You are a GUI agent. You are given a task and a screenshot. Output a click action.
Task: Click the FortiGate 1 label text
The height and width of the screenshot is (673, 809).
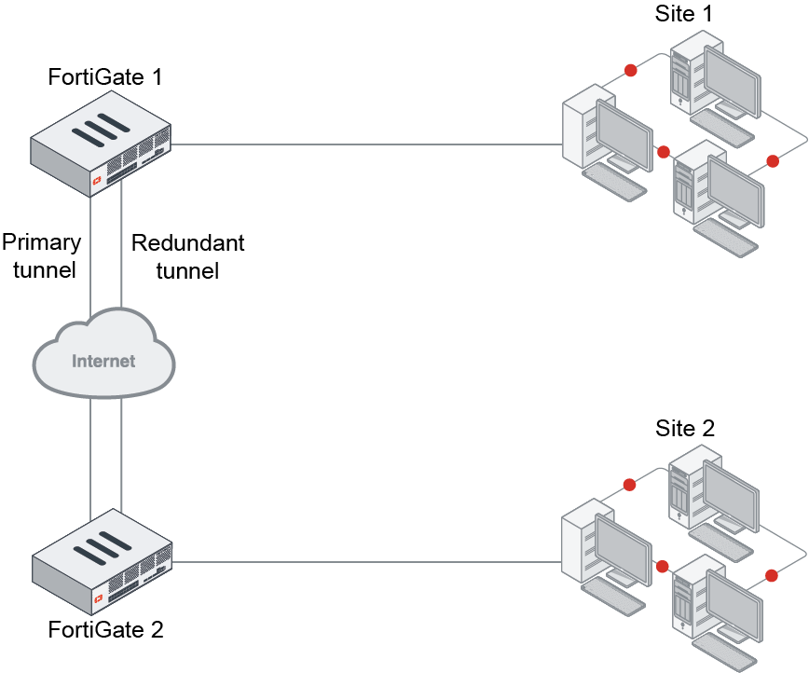[105, 76]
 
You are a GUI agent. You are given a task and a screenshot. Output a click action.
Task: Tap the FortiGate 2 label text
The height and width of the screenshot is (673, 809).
[105, 630]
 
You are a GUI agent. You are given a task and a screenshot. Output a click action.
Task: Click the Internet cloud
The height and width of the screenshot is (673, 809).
[103, 359]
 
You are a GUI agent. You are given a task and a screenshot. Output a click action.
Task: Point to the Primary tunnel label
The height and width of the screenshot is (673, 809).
[41, 256]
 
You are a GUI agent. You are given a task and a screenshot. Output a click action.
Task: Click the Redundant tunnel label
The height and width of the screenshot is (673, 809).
[187, 256]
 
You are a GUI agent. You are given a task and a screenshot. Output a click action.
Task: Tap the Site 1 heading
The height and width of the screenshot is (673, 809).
[686, 13]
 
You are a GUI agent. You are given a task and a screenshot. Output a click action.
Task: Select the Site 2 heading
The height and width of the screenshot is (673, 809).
[685, 429]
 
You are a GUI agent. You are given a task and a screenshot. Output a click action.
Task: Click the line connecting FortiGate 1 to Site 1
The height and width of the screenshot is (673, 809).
[368, 144]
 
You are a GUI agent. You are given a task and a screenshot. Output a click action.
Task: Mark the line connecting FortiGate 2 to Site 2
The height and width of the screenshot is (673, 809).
[368, 562]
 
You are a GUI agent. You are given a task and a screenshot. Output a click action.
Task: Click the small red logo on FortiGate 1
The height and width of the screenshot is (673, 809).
[95, 177]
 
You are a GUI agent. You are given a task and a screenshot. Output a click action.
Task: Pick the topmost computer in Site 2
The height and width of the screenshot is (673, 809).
[713, 499]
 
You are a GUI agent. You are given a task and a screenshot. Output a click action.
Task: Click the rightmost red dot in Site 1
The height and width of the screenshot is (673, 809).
[773, 161]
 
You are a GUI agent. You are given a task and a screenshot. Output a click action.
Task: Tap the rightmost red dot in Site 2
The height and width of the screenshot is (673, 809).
[772, 573]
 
